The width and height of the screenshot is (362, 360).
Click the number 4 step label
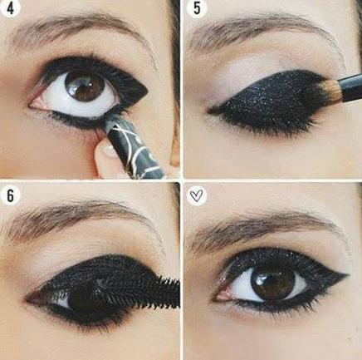click(x=10, y=8)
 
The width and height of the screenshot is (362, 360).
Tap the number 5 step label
click(x=197, y=8)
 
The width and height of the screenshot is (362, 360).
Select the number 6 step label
click(x=10, y=195)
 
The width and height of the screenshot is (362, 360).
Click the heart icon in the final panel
click(x=196, y=195)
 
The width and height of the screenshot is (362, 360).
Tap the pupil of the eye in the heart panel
click(x=272, y=283)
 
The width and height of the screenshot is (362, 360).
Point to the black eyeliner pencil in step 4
click(x=133, y=145)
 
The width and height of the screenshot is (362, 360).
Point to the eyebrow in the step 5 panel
click(x=260, y=29)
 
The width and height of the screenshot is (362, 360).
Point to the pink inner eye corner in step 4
click(x=37, y=105)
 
